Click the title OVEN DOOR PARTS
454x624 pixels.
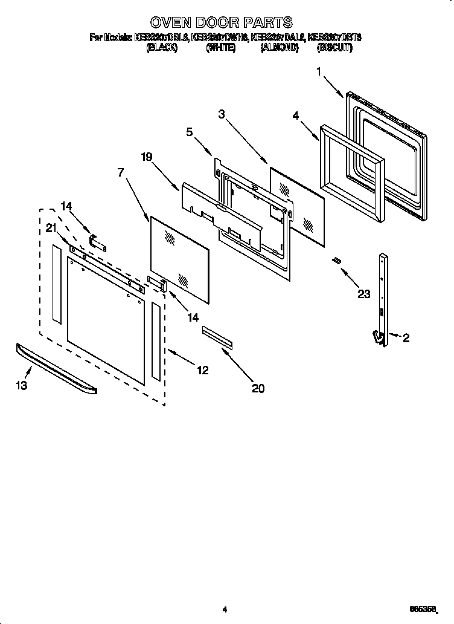coord(221,23)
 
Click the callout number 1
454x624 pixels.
coord(319,71)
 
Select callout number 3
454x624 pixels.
coord(222,113)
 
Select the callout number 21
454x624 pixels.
coord(51,227)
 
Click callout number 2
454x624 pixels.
coord(406,339)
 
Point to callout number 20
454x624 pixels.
coord(258,389)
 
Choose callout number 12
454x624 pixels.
coord(202,370)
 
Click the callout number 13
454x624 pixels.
coord(22,386)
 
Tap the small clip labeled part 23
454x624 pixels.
coord(337,260)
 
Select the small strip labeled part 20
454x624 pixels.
coord(217,336)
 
